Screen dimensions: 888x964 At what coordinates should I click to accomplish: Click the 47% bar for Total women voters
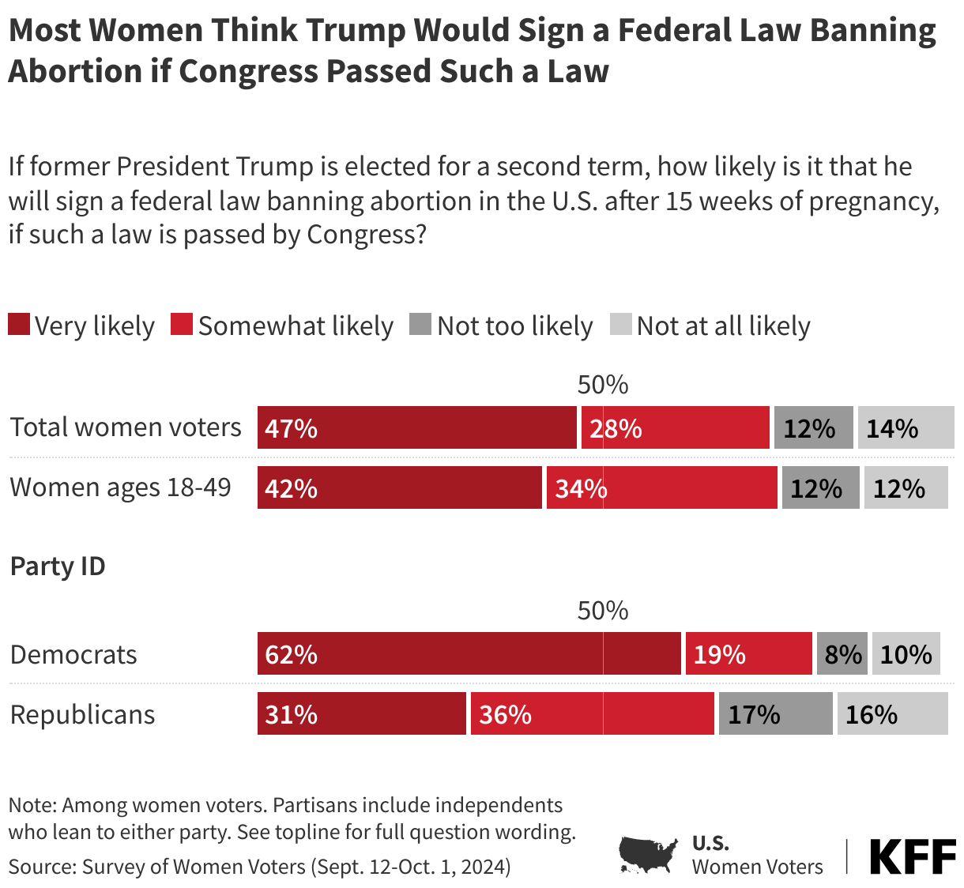click(416, 427)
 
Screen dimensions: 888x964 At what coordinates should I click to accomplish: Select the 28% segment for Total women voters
click(676, 427)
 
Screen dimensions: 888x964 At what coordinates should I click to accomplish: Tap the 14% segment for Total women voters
click(906, 427)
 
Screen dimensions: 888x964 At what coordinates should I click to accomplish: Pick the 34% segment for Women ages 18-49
click(661, 487)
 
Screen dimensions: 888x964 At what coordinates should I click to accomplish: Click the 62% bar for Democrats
click(469, 653)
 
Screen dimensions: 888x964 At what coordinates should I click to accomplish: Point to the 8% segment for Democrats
click(842, 653)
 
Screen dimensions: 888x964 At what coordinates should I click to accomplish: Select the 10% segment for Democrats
click(906, 653)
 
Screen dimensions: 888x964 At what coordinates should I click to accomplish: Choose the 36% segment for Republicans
click(592, 713)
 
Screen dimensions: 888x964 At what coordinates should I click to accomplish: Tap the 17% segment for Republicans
click(775, 713)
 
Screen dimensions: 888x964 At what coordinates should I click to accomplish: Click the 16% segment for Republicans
click(892, 713)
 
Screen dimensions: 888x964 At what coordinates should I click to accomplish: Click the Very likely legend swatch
click(19, 325)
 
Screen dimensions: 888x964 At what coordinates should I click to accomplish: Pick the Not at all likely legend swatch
click(621, 325)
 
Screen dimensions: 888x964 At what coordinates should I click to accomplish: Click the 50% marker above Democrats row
click(603, 611)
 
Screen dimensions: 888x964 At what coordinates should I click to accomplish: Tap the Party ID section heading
click(58, 566)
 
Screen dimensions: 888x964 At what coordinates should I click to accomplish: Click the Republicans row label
click(82, 714)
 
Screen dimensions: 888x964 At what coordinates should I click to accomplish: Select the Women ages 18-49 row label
click(120, 487)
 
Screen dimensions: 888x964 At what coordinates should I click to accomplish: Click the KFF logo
click(912, 856)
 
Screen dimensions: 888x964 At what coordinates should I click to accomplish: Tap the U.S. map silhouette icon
click(648, 855)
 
